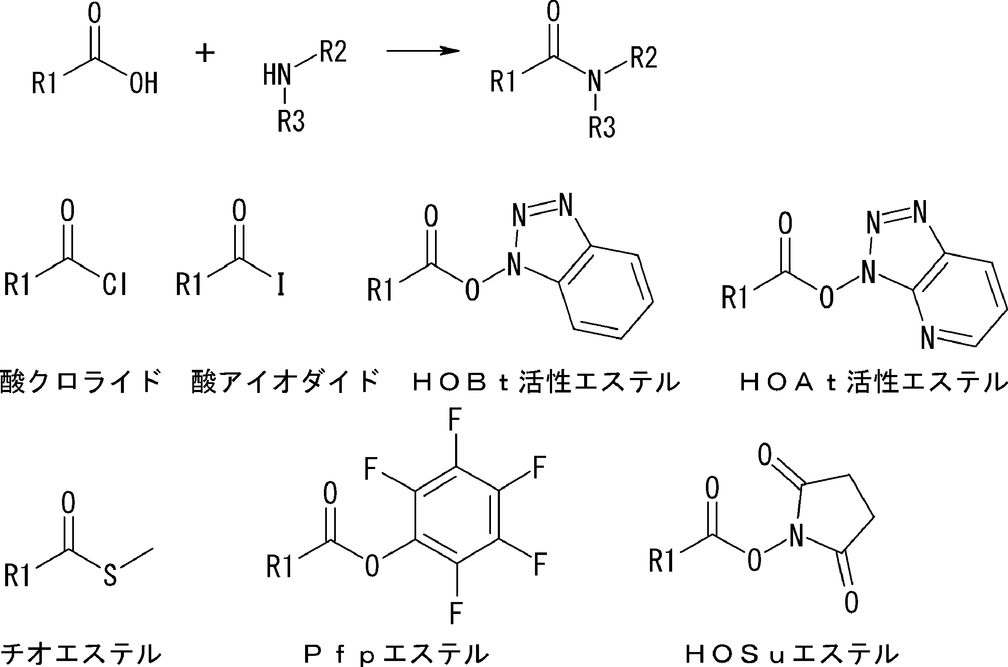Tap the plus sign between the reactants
(x=205, y=54)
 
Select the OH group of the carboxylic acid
(x=144, y=83)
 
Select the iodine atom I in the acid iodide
(x=280, y=284)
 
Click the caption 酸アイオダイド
(x=285, y=382)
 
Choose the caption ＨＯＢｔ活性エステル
(x=546, y=382)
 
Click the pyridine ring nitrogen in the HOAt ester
(x=927, y=338)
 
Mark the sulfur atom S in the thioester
(x=110, y=575)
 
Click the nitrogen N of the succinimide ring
(x=795, y=536)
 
